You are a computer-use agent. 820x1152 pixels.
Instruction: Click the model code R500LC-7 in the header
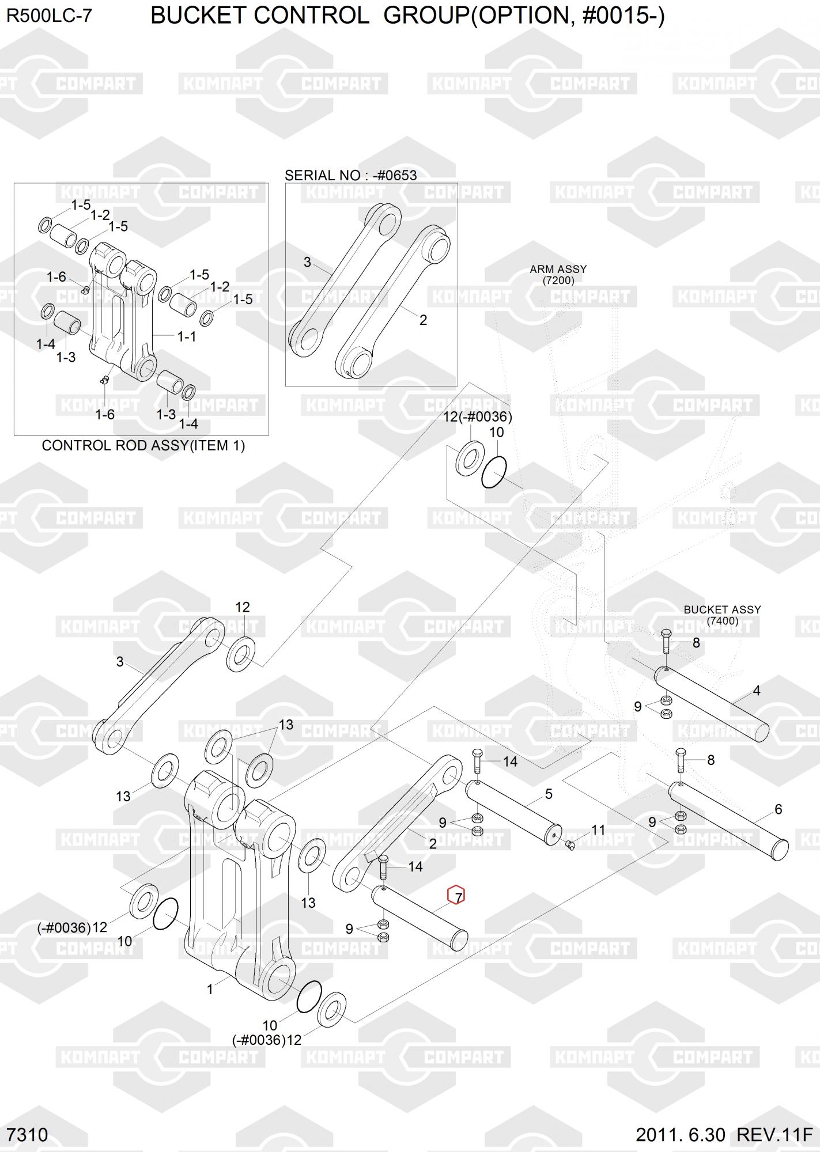[x=49, y=16]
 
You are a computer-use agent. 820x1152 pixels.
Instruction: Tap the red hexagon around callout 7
[x=456, y=895]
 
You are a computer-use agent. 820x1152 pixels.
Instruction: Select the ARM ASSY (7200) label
[x=558, y=275]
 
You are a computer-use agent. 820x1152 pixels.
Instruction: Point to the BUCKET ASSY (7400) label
[x=722, y=615]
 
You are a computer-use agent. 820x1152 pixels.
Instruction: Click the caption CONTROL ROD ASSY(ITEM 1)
[x=143, y=445]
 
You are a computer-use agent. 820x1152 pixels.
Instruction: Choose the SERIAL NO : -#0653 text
[x=350, y=175]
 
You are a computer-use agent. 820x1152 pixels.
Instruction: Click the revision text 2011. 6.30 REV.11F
[x=724, y=1134]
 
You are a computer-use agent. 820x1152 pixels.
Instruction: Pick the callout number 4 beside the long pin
[x=756, y=690]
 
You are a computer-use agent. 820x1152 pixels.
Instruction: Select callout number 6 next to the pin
[x=778, y=809]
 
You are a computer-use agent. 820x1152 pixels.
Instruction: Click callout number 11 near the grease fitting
[x=598, y=830]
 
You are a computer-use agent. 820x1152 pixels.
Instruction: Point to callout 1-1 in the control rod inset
[x=186, y=336]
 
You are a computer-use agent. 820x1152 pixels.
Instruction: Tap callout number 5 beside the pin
[x=549, y=794]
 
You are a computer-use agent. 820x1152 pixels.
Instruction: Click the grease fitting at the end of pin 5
[x=570, y=844]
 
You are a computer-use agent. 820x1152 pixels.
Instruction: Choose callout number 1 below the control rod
[x=210, y=989]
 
